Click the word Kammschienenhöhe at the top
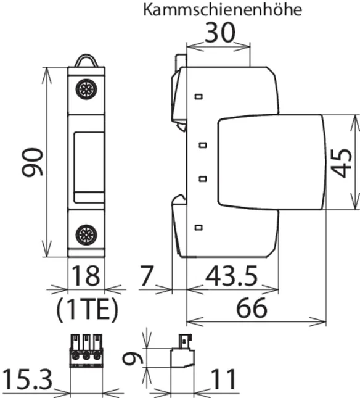tap(223, 10)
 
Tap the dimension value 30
tap(220, 33)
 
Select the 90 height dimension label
tap(33, 162)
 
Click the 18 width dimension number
tap(86, 276)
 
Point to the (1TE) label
tap(87, 309)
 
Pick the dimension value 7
tap(147, 276)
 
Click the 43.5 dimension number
tap(231, 276)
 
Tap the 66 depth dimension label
tap(252, 308)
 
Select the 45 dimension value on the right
tap(342, 163)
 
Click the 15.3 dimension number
tap(27, 379)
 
